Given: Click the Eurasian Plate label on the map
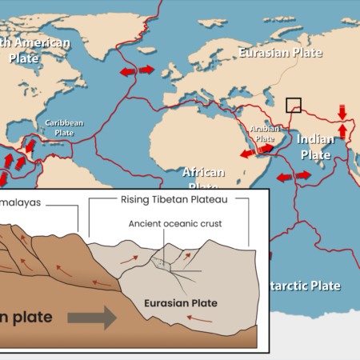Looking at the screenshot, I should click(x=280, y=53).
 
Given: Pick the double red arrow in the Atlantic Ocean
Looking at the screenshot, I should click(x=136, y=71).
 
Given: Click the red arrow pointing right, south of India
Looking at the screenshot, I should click(x=303, y=174).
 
